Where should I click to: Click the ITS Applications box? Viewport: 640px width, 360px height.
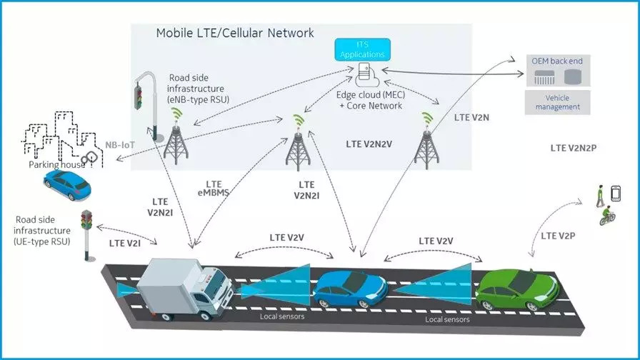click(x=362, y=50)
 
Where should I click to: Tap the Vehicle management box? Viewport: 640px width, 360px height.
click(x=558, y=102)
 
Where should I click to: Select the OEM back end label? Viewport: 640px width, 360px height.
click(x=556, y=61)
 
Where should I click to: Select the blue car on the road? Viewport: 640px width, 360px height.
click(x=350, y=289)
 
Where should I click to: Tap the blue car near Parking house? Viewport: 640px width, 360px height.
click(x=67, y=185)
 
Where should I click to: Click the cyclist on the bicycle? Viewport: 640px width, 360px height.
click(x=607, y=216)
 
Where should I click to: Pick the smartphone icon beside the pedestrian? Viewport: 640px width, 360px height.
click(x=616, y=194)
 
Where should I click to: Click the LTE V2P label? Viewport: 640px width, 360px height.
click(x=558, y=236)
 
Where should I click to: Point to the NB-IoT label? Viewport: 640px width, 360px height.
click(x=120, y=145)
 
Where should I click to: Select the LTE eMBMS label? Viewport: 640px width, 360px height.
click(x=214, y=189)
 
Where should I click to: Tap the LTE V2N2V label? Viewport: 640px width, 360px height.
click(x=369, y=144)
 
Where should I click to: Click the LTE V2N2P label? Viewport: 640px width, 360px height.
click(x=574, y=148)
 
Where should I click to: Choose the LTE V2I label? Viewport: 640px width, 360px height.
click(x=125, y=244)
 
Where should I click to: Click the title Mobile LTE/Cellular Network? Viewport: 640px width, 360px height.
click(x=235, y=33)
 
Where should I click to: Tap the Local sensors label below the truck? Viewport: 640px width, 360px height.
click(x=282, y=316)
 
